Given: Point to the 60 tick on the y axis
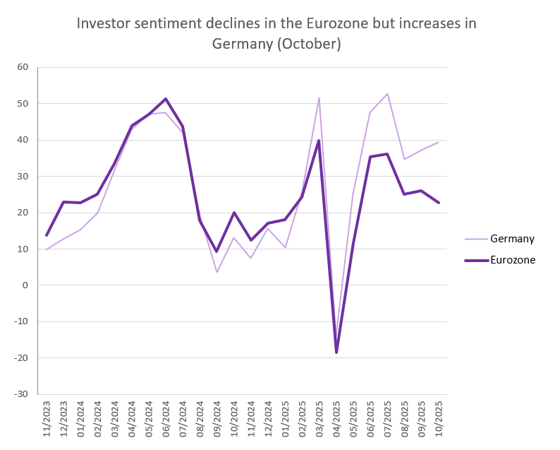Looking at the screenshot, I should pyautogui.click(x=23, y=68).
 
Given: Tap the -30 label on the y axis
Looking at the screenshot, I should pyautogui.click(x=20, y=394).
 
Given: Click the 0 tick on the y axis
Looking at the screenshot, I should pyautogui.click(x=25, y=285).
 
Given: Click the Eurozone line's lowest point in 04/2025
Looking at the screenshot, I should pyautogui.click(x=336, y=352).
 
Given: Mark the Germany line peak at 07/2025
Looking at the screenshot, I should pyautogui.click(x=387, y=94).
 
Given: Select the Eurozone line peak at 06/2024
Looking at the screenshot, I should pyautogui.click(x=166, y=99).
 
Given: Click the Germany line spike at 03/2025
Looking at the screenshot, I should pyautogui.click(x=319, y=98).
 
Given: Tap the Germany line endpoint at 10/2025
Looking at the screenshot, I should pyautogui.click(x=439, y=143).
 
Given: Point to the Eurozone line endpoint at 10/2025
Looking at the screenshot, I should pyautogui.click(x=439, y=203).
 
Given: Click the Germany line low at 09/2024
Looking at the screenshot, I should pyautogui.click(x=217, y=272).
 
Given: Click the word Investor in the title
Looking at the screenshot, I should pyautogui.click(x=105, y=23).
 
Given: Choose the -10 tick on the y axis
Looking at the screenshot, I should pyautogui.click(x=20, y=322).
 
